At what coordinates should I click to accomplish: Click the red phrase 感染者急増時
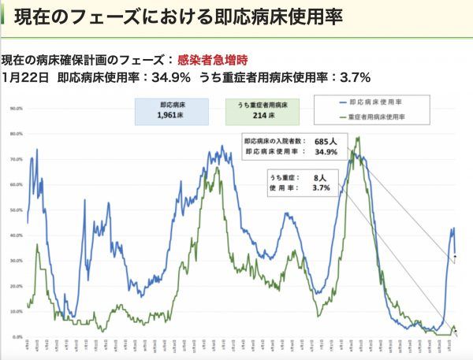tap(213, 59)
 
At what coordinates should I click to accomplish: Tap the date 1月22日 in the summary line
tap(25, 77)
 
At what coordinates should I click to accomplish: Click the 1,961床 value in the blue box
tap(171, 116)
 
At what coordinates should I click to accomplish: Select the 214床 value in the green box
tap(260, 116)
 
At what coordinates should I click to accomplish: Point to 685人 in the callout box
tap(326, 141)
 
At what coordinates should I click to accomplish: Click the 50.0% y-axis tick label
tap(15, 210)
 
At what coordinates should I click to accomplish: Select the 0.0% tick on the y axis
tap(16, 337)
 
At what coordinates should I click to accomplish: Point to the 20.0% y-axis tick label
tap(15, 286)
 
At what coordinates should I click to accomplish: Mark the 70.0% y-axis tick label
tap(15, 159)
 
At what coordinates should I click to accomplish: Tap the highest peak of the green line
tap(359, 138)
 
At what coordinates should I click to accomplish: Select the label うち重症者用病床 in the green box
tap(260, 104)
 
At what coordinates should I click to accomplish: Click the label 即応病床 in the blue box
tap(171, 104)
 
